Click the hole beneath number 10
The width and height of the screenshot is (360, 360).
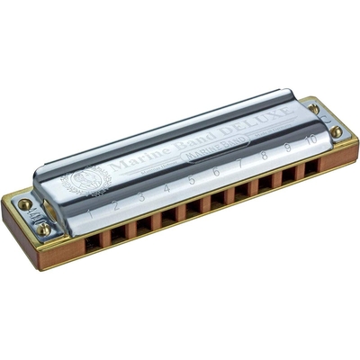310,169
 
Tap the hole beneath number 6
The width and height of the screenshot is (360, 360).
217,202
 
